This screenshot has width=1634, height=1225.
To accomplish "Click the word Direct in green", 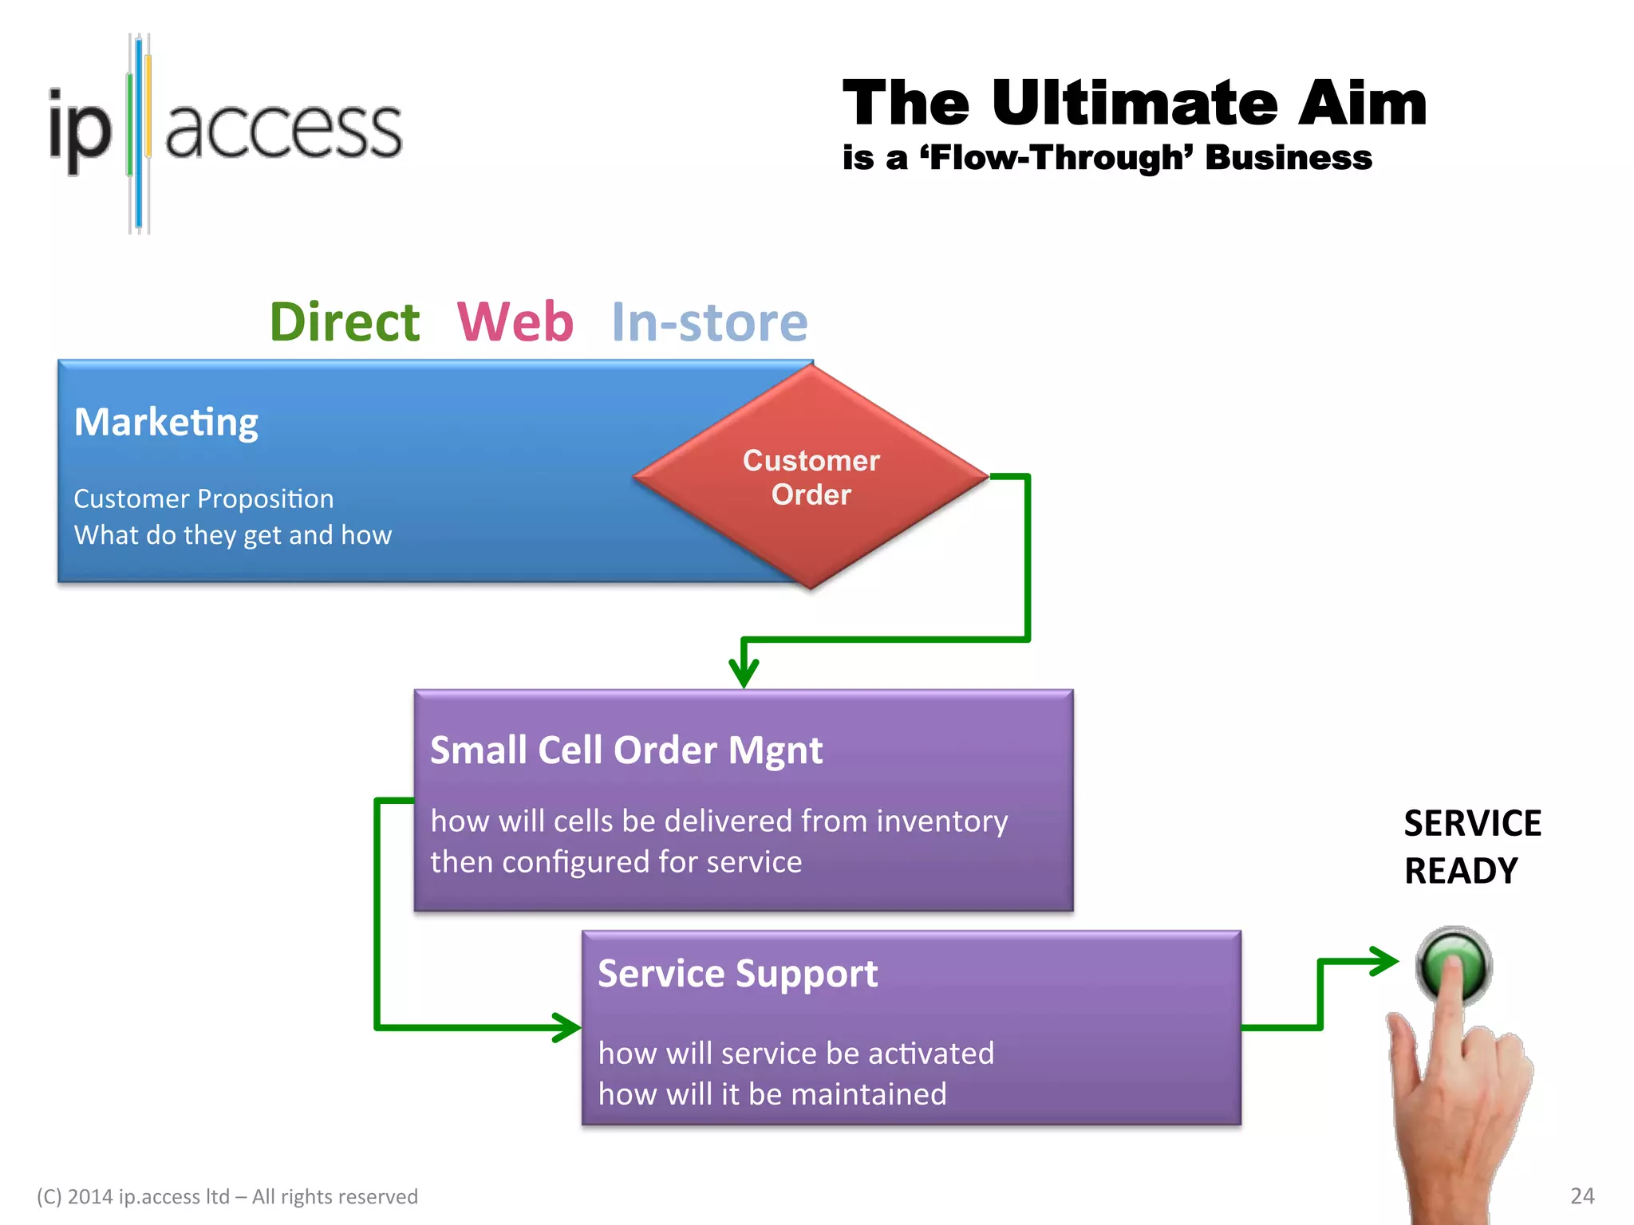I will click(345, 322).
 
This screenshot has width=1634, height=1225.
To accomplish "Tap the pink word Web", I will click(515, 322).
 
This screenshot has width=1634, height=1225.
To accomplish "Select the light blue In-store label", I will click(709, 322).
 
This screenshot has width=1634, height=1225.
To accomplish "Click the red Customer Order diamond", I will click(811, 477).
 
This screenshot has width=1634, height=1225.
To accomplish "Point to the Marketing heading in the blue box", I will click(166, 422).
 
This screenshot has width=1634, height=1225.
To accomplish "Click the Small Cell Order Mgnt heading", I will click(626, 750).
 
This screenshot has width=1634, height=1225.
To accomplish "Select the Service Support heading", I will click(737, 974).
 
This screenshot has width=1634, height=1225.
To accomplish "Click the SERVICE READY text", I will click(1472, 846).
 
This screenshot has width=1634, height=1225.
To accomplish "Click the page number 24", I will click(1582, 1195).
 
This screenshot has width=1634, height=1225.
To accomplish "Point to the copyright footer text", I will click(227, 1196).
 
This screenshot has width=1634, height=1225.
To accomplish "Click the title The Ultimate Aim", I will click(1134, 103).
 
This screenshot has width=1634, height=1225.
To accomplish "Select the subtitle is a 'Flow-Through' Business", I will click(1107, 157).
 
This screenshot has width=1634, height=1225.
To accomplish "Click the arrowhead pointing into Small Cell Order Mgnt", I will click(744, 674).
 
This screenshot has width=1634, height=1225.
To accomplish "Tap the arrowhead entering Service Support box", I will click(567, 1027).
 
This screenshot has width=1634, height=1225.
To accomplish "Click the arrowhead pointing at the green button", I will click(1383, 961).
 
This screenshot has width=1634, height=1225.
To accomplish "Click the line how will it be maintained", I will click(772, 1094).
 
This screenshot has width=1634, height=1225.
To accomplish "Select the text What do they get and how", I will click(233, 535).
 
